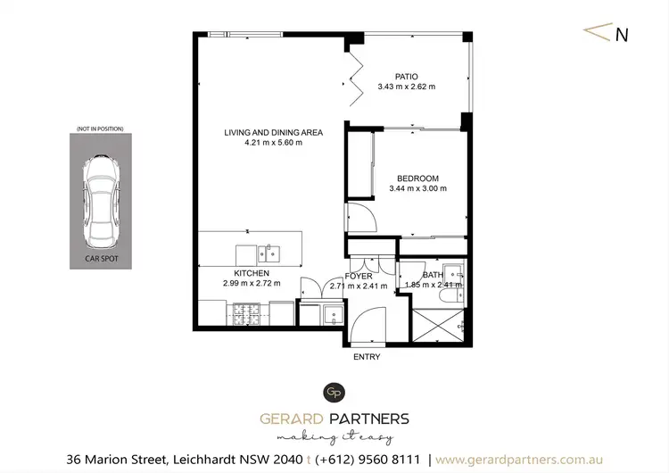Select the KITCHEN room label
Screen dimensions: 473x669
252,273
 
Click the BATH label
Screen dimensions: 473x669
433,275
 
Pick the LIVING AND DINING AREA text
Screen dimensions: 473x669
273,133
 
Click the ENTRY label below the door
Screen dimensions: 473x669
367,357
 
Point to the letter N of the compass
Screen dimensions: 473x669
622,36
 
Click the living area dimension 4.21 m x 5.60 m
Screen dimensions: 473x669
273,144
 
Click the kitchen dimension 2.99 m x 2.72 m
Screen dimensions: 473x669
252,284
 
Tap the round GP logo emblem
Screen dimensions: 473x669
334,392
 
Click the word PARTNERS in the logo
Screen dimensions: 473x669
369,419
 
